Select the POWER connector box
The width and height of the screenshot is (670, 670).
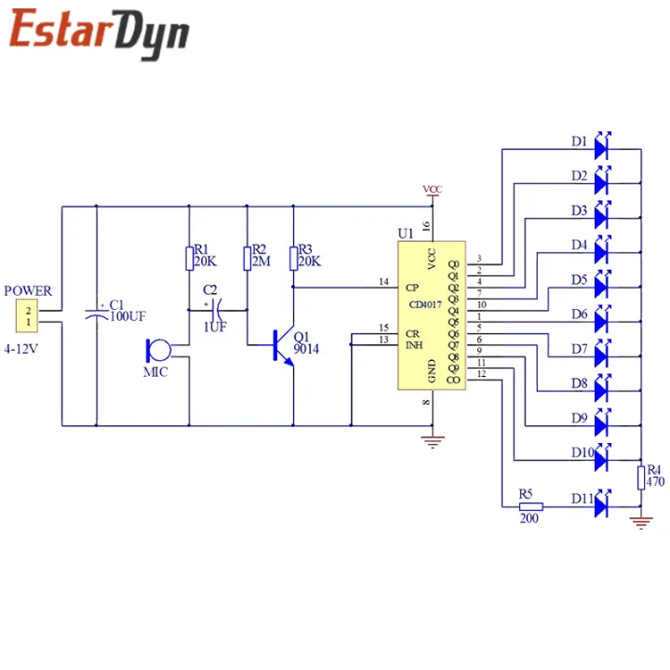click(28, 316)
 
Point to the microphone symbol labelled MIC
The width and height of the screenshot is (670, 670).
click(155, 352)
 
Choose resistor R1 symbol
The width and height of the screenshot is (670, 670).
click(189, 257)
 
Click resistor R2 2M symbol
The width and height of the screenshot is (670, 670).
click(248, 257)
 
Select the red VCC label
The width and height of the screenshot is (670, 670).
click(433, 190)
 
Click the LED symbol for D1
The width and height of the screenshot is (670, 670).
click(602, 147)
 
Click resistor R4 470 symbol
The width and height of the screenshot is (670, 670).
click(641, 477)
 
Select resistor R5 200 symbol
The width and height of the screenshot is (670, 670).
click(528, 506)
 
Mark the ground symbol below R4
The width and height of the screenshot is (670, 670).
click(641, 523)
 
